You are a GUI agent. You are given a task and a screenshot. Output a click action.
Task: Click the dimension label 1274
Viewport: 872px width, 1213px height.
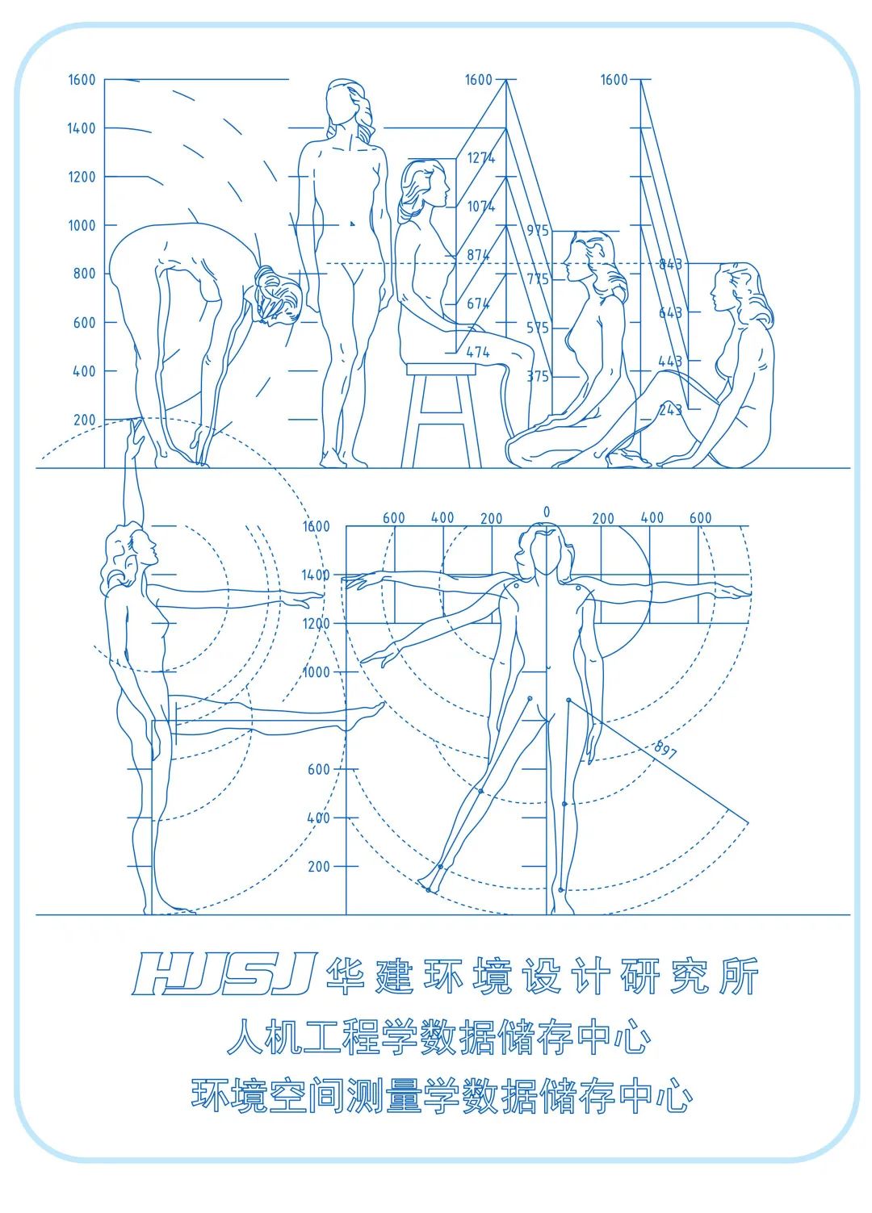480,158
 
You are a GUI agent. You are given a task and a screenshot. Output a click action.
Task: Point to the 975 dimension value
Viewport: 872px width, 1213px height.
538,231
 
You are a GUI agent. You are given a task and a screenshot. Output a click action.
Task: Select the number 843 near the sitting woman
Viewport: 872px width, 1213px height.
670,264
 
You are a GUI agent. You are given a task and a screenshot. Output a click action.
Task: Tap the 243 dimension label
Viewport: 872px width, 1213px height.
670,410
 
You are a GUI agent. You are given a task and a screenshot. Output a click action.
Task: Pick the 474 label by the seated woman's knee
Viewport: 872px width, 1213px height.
478,353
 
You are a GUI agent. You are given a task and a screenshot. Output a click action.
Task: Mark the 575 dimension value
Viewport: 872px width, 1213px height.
538,328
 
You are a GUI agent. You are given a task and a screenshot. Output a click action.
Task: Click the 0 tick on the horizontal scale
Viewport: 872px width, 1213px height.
547,512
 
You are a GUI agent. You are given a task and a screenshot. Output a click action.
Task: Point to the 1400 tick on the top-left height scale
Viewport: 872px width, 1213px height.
82,128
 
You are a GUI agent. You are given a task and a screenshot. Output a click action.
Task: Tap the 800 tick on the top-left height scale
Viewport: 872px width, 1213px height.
85,274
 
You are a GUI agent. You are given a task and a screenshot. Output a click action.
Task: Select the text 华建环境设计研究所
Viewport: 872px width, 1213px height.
542,976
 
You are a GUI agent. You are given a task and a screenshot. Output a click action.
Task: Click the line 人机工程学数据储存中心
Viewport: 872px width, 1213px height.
438,1037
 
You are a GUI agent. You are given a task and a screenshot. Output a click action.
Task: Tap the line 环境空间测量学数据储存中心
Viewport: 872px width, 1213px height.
442,1096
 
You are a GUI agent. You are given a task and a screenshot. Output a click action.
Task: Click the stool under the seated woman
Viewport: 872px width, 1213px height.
441,412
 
